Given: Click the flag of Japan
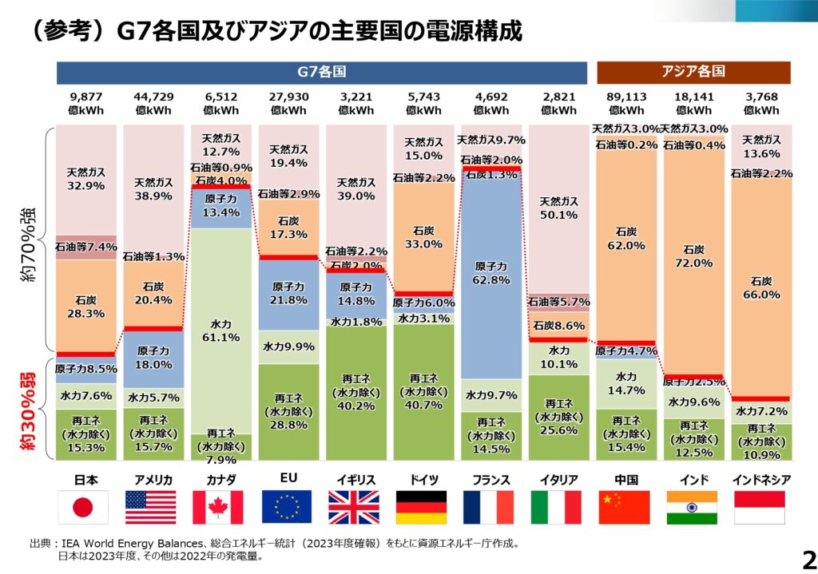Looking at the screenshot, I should point(81,507).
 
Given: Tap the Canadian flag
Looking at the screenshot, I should point(217,507).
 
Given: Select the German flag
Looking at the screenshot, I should point(421,507).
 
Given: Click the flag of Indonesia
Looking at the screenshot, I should point(759,507).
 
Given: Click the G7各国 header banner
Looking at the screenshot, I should point(322,71).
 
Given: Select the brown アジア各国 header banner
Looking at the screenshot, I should point(693,71).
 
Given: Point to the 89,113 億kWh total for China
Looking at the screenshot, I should point(625,104).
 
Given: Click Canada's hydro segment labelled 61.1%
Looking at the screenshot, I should point(220,331).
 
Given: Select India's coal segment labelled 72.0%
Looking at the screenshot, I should point(693,255).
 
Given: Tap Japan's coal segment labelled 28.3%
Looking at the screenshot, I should point(86,307).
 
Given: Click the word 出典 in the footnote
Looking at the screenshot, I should point(41,544).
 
